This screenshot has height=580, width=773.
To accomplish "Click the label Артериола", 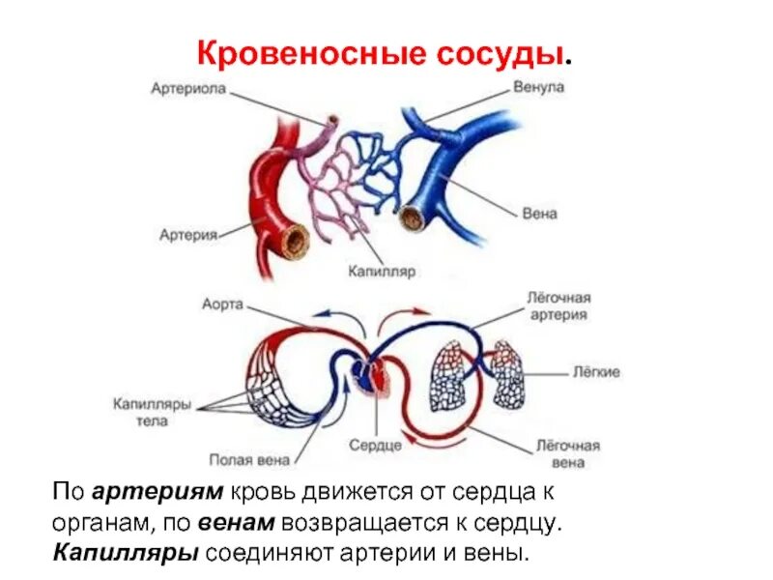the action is coord(188,89).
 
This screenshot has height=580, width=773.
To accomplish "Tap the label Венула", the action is coord(538,87).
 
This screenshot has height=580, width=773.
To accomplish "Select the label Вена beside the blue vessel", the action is coord(538,213).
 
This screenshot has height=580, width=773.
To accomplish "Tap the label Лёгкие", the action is coord(596,372).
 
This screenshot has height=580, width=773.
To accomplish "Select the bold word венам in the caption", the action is coord(240,523).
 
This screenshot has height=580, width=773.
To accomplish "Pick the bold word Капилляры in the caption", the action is coord(127,555).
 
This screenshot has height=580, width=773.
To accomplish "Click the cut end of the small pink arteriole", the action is coord(332,123).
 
